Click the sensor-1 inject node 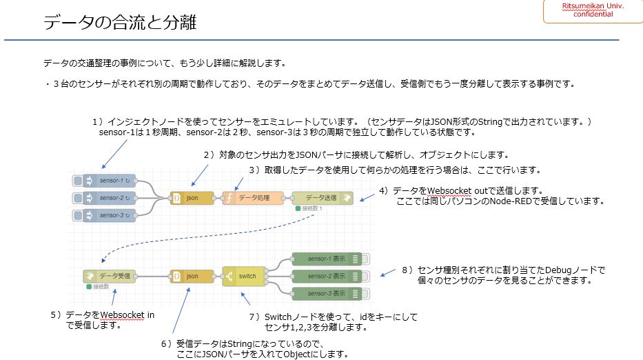110,181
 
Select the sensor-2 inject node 110,198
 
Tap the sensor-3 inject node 110,215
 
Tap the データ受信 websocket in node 110,276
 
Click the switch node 241,276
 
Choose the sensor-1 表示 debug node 327,259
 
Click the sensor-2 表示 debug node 327,276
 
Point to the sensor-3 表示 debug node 327,293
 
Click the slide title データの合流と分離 120,23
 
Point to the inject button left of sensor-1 78,181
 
